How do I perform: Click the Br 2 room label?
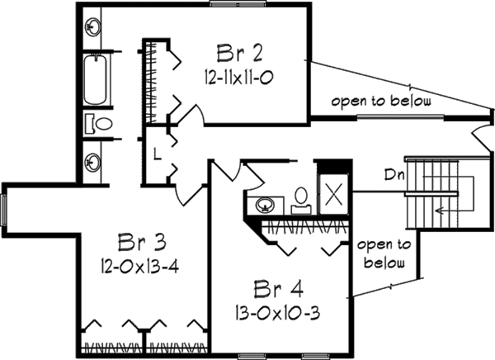(x=240, y=54)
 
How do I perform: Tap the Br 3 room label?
(x=142, y=243)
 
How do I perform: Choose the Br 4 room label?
(x=278, y=291)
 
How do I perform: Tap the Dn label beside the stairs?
(x=393, y=174)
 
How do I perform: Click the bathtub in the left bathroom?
(x=97, y=80)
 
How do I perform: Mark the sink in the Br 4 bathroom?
(x=266, y=204)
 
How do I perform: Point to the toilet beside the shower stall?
(x=301, y=197)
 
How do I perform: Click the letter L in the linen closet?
(x=156, y=154)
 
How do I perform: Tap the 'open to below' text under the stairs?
(x=384, y=254)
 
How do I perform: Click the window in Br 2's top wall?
(x=230, y=4)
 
